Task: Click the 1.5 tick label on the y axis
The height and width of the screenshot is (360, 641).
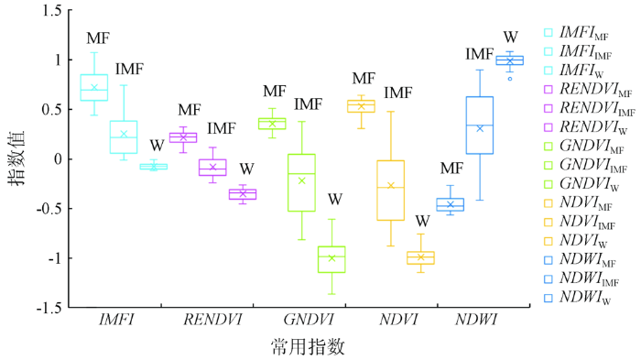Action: [52, 10]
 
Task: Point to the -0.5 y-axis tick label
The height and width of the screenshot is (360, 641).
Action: [49, 209]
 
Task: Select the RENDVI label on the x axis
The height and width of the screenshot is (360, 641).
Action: [212, 320]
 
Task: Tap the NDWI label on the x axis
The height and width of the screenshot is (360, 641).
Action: [476, 320]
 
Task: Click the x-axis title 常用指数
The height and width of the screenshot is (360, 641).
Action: [308, 346]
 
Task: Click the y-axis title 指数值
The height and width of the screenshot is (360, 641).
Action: [17, 158]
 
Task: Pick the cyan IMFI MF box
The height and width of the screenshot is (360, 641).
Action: [94, 88]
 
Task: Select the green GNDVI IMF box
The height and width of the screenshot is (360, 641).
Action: [301, 183]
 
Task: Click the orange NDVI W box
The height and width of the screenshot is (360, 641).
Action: [420, 257]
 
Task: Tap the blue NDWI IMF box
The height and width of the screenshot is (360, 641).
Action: [480, 125]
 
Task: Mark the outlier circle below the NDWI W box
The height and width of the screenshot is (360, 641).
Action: [510, 79]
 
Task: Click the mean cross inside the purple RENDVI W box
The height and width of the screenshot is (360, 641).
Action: [243, 193]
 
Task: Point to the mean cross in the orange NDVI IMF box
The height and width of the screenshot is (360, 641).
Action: [390, 185]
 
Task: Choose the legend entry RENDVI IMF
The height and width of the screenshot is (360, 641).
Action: [590, 108]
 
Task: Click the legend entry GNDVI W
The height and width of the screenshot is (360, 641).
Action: [581, 184]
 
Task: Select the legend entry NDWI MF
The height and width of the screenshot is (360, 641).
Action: [580, 260]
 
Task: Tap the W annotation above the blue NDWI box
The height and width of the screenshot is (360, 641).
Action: [510, 38]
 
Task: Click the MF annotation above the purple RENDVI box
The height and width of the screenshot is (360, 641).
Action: [190, 110]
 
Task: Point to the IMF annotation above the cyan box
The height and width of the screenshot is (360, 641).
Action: [129, 69]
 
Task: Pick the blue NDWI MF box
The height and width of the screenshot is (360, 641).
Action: [451, 204]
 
